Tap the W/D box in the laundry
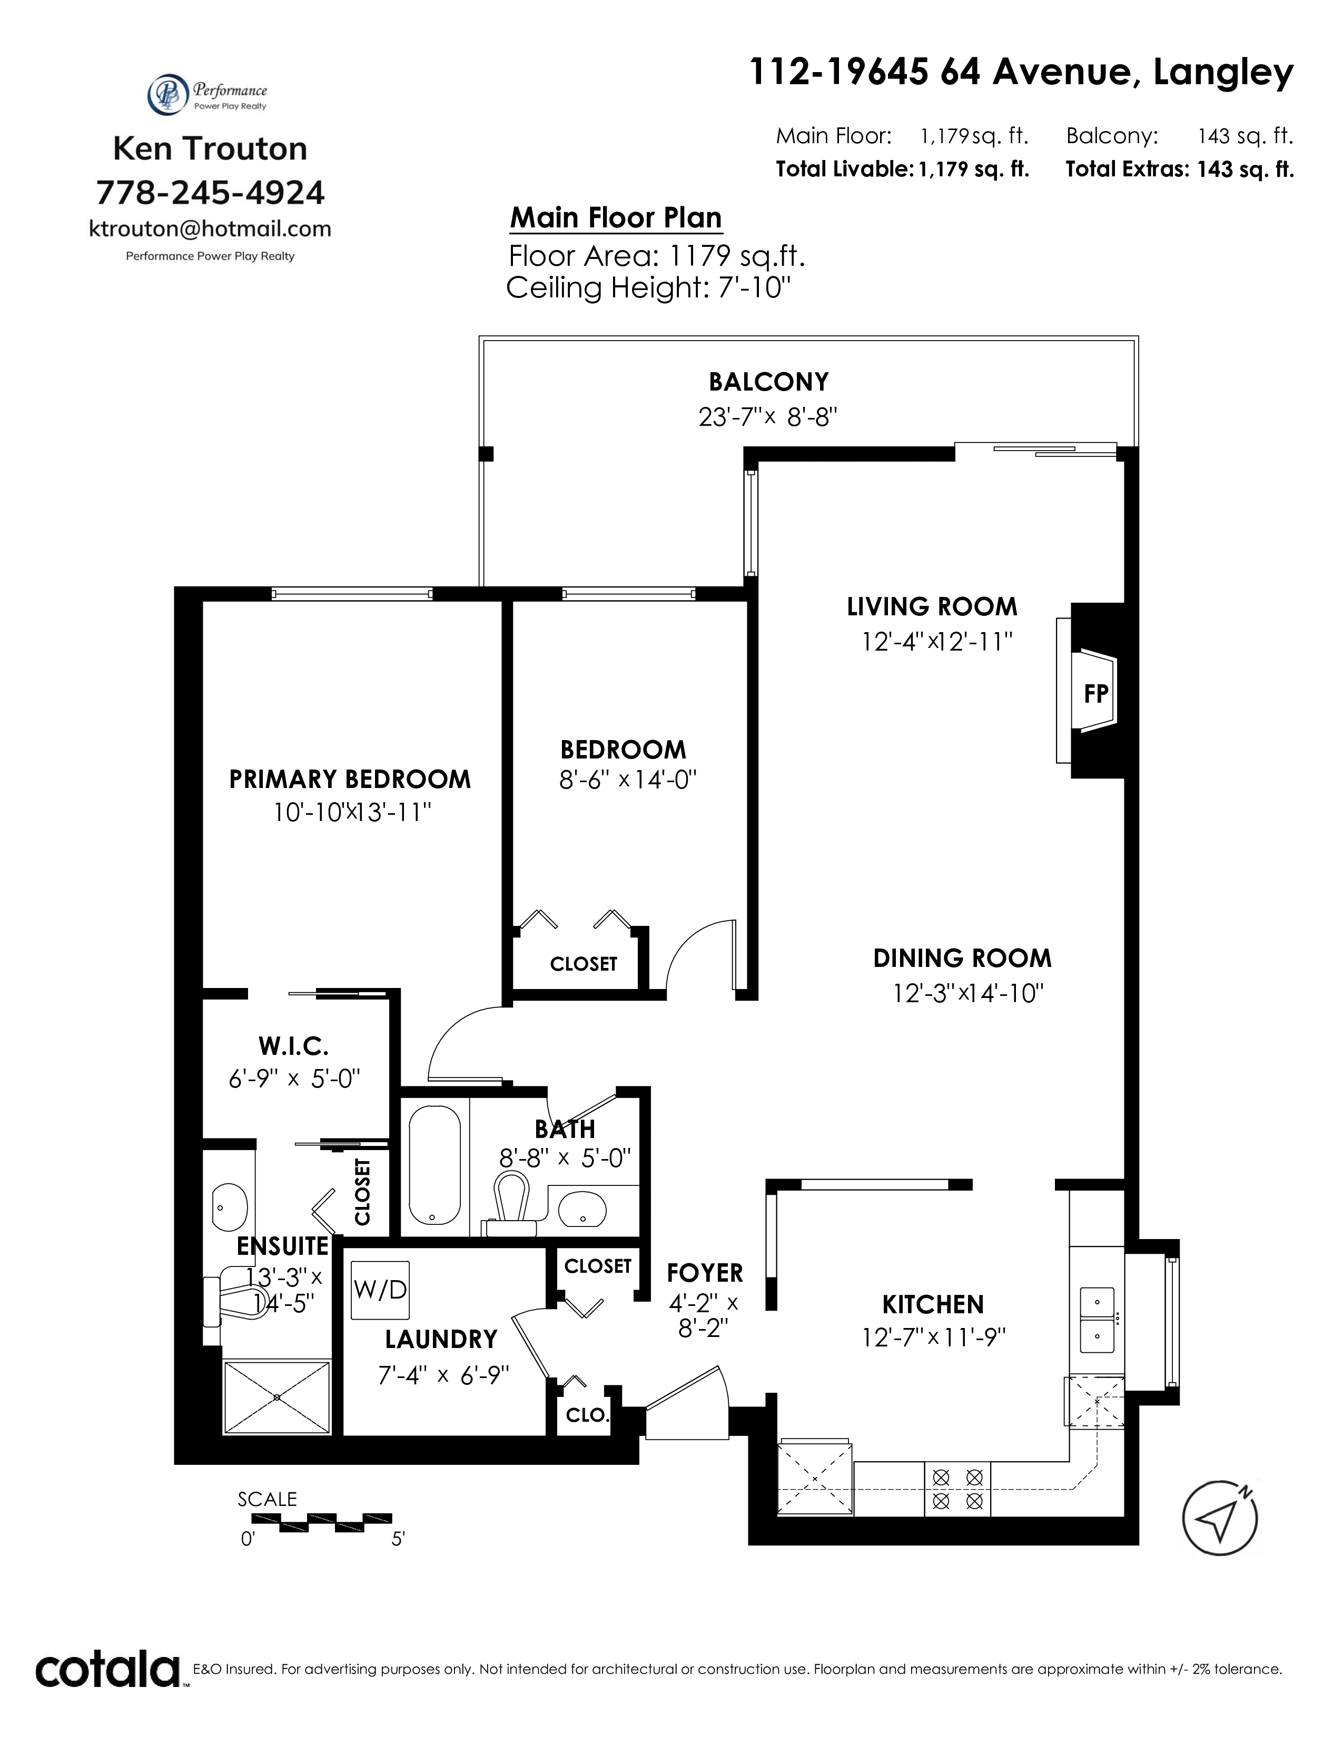(380, 1289)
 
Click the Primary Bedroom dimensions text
(352, 812)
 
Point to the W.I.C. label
(293, 1044)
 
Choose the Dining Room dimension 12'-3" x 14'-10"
(968, 993)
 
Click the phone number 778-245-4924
(210, 193)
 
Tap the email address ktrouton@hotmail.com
(210, 229)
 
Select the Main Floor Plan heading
(616, 217)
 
